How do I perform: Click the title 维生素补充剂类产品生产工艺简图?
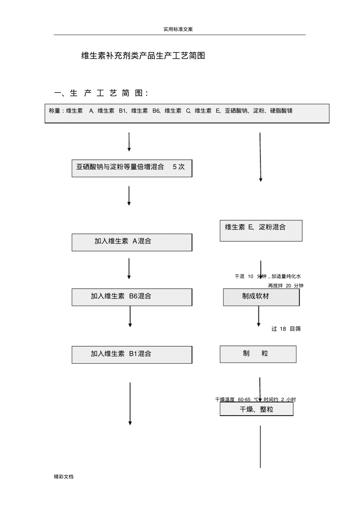143,56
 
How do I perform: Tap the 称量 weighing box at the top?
187,114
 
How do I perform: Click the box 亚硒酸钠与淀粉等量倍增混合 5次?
132,168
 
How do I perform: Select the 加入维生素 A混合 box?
132,242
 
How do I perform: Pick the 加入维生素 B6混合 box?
132,297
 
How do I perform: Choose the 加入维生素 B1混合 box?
132,355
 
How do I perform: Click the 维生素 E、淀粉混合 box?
261,231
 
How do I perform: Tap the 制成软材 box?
261,297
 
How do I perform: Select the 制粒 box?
258,354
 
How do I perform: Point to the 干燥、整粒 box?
256,410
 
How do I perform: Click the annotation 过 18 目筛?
286,329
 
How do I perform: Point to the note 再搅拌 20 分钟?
286,286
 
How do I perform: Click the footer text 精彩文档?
64,477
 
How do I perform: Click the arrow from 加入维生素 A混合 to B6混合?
129,269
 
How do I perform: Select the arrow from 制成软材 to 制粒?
258,316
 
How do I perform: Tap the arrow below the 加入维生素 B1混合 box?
130,403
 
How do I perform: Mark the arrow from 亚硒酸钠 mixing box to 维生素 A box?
129,195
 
